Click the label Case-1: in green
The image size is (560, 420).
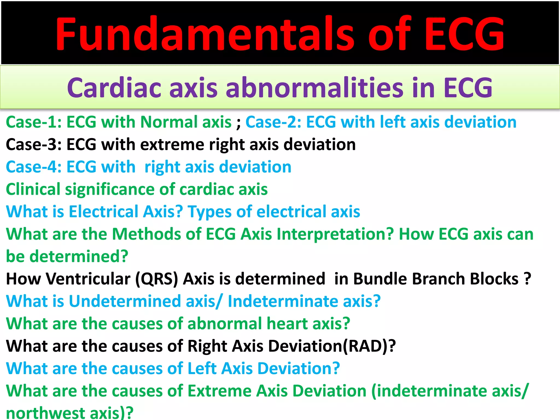(34, 122)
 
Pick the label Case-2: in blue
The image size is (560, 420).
(273, 122)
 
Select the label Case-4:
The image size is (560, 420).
(34, 167)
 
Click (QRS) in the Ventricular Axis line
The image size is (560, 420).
(157, 279)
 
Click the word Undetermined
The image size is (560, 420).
(125, 301)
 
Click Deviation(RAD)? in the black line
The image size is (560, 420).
(332, 346)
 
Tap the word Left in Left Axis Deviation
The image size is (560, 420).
(202, 369)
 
